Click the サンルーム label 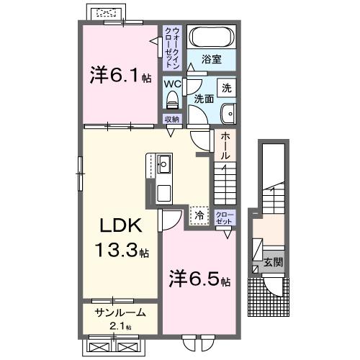[x=120, y=312]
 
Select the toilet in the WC [x=172, y=100]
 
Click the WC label [x=171, y=84]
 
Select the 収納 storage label [x=171, y=120]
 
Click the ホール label [x=225, y=146]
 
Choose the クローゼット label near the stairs [x=225, y=218]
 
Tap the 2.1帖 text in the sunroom [x=120, y=326]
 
